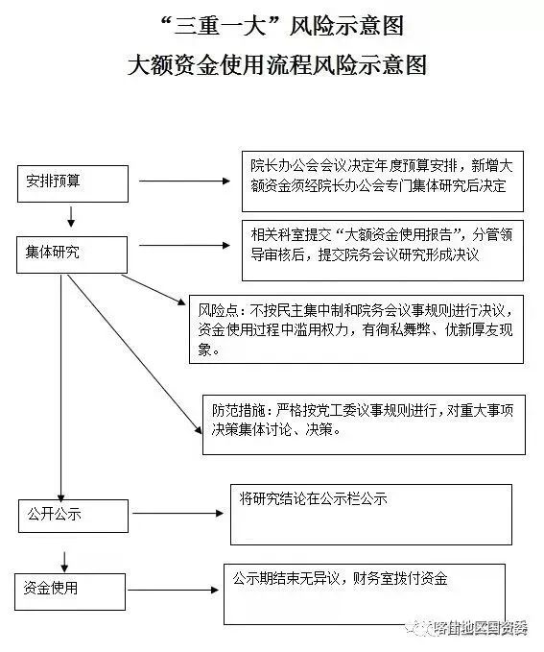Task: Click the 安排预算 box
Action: point(72,183)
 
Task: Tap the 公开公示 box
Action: point(72,514)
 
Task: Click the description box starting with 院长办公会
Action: point(382,180)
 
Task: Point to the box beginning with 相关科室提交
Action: point(382,247)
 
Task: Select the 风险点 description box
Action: point(356,329)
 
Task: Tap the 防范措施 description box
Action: point(363,423)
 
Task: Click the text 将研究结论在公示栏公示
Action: point(313,500)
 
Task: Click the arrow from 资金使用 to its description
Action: point(173,588)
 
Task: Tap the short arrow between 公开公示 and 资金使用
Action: point(63,559)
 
